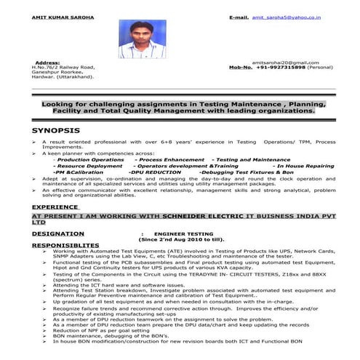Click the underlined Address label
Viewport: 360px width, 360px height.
click(47, 63)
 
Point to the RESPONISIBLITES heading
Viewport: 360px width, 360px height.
click(66, 245)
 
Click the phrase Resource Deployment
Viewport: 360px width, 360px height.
click(88, 165)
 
